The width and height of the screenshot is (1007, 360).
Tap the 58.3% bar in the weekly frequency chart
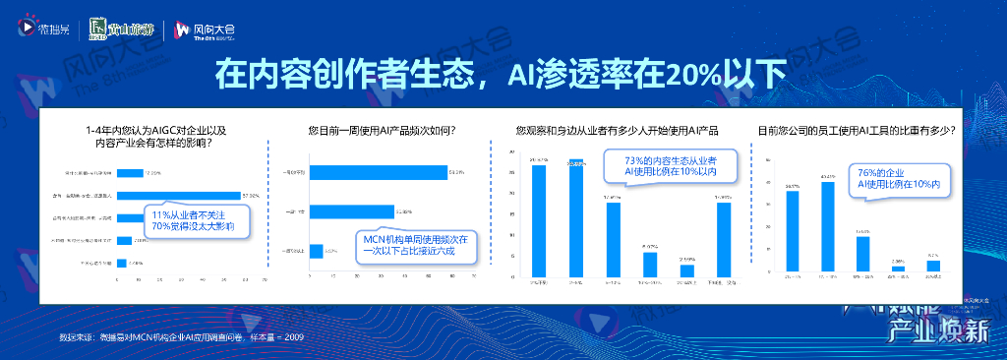(379, 173)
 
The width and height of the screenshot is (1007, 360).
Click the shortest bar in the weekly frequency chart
(316, 251)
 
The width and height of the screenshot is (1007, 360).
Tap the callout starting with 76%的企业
(898, 178)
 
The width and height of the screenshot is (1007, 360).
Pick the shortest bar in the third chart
(686, 270)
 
